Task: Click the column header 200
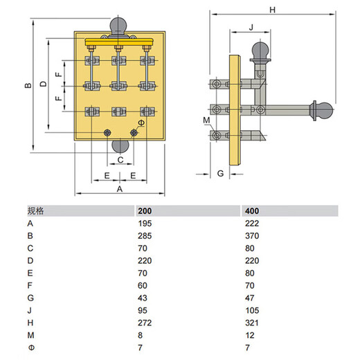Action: [x=145, y=210]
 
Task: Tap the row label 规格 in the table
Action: [x=35, y=210]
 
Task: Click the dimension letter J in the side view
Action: [x=251, y=27]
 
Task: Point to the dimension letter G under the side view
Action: [x=220, y=172]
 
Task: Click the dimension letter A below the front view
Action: [x=119, y=188]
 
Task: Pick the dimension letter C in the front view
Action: [x=120, y=159]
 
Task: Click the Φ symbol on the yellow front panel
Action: [x=141, y=123]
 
